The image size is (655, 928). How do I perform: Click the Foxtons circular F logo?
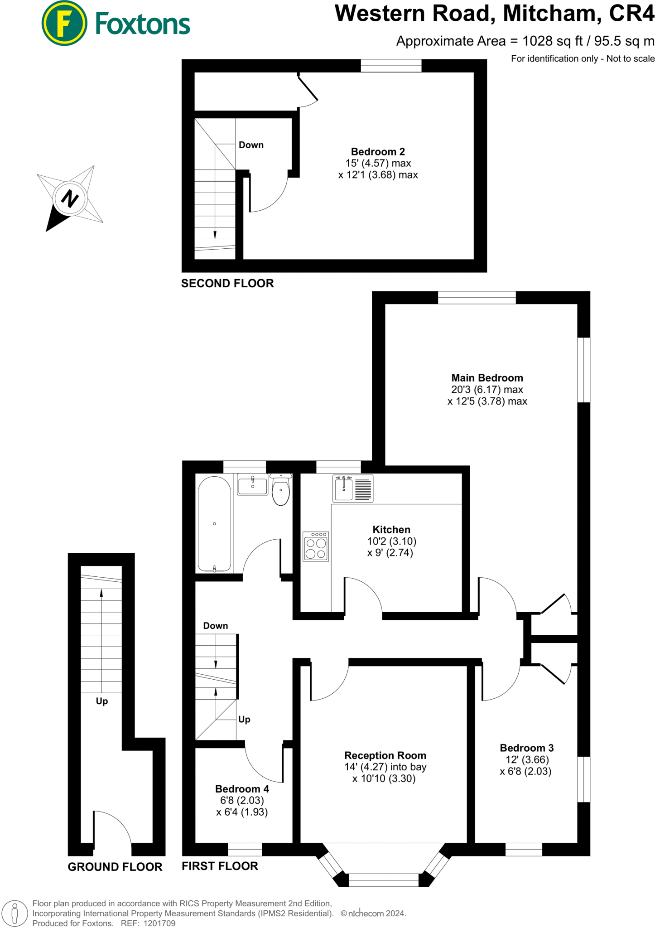click(64, 23)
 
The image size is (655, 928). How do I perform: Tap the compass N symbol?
click(69, 198)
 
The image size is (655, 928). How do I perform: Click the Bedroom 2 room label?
click(378, 152)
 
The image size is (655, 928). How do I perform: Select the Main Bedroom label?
click(487, 378)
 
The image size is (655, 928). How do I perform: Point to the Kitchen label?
click(391, 529)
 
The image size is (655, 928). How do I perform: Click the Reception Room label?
click(385, 755)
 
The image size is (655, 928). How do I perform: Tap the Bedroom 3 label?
click(526, 748)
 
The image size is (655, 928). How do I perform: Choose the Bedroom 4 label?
click(242, 789)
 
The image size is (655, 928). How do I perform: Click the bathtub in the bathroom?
click(214, 524)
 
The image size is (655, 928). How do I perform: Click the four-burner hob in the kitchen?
click(316, 546)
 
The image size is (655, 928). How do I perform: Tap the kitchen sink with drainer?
click(353, 488)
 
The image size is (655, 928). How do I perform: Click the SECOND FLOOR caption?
click(227, 284)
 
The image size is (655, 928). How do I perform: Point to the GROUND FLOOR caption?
click(115, 867)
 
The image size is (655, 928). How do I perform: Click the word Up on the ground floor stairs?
click(102, 701)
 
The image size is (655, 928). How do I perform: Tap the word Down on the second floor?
click(251, 145)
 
